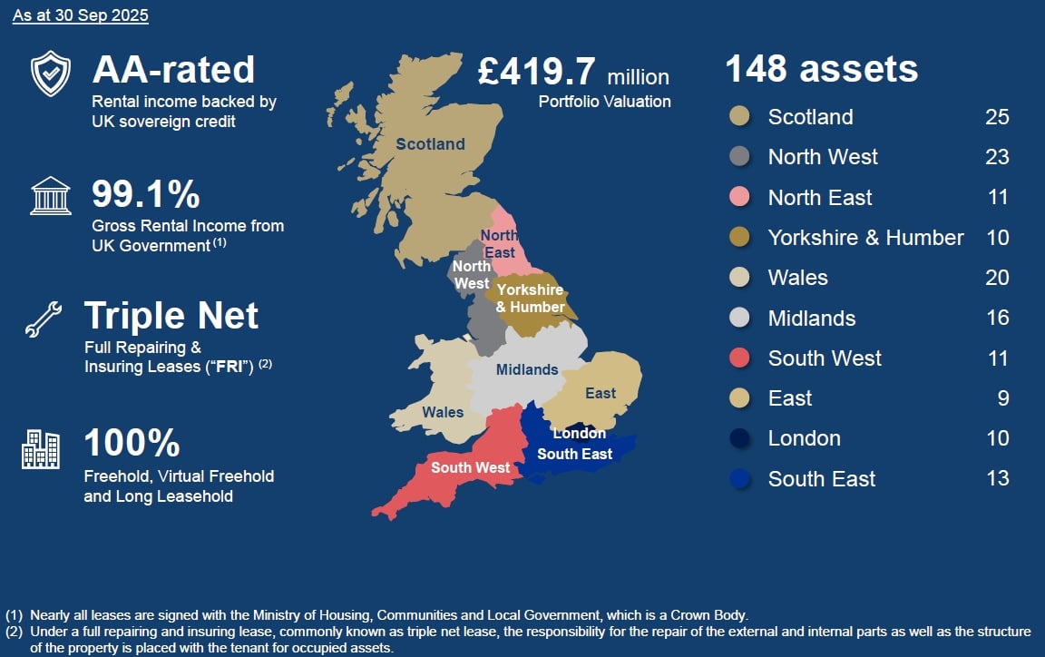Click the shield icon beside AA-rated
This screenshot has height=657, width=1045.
pyautogui.click(x=50, y=74)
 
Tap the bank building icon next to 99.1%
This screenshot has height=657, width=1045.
pyautogui.click(x=51, y=196)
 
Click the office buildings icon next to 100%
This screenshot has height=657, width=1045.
pyautogui.click(x=41, y=449)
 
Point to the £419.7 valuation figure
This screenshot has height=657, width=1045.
pyautogui.click(x=537, y=72)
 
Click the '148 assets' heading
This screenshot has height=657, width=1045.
pyautogui.click(x=821, y=69)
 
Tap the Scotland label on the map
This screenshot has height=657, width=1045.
pyautogui.click(x=430, y=144)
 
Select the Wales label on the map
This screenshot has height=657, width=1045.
pyautogui.click(x=443, y=412)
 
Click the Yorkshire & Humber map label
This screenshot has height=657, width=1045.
pyautogui.click(x=530, y=299)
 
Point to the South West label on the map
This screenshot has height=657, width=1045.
pyautogui.click(x=470, y=467)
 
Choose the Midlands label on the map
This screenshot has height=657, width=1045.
pyautogui.click(x=527, y=369)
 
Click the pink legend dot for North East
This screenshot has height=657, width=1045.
pyautogui.click(x=739, y=198)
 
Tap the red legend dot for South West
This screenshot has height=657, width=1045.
pyautogui.click(x=739, y=358)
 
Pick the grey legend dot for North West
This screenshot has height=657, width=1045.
pyautogui.click(x=739, y=157)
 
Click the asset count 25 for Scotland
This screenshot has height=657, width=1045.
pyautogui.click(x=997, y=117)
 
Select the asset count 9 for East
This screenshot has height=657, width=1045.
pyautogui.click(x=1002, y=398)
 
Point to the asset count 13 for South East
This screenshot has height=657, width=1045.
pyautogui.click(x=997, y=478)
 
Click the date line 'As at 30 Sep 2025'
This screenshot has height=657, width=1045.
pyautogui.click(x=81, y=15)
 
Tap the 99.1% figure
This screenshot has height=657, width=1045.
pyautogui.click(x=146, y=194)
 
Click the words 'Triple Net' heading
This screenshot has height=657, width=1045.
pyautogui.click(x=171, y=316)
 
